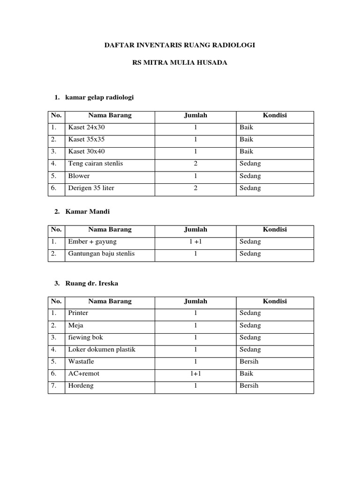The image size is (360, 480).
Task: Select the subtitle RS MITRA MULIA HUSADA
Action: tap(180, 62)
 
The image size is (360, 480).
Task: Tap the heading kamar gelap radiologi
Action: tap(100, 97)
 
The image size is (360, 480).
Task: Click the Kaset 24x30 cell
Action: tap(87, 127)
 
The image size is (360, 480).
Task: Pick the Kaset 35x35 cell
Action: tap(87, 139)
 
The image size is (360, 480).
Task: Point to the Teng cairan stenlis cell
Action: tap(96, 164)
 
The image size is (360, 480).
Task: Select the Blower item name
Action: tap(79, 176)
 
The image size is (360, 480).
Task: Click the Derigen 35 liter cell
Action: tap(91, 188)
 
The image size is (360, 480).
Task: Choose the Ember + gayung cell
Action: tap(92, 241)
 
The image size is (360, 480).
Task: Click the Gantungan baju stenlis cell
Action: tap(101, 254)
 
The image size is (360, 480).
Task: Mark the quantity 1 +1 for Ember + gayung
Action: tap(195, 241)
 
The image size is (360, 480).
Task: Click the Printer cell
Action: tap(78, 313)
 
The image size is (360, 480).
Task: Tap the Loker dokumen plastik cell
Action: tap(102, 349)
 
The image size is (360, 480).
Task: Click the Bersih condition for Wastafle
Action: tap(249, 361)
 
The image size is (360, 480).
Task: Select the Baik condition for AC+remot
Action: tap(246, 374)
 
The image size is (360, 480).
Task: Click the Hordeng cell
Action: tap(81, 386)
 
